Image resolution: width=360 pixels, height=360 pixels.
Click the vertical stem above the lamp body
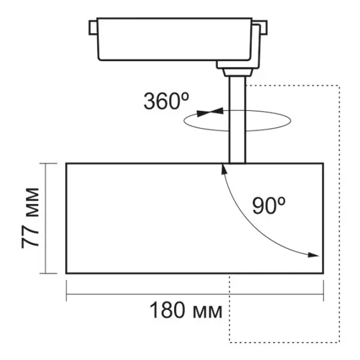(x=237, y=138)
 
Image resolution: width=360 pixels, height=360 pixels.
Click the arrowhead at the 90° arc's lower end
(x=313, y=255)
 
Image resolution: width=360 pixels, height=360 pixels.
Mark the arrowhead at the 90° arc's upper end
(x=225, y=170)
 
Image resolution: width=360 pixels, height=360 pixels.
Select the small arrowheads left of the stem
(x=213, y=111)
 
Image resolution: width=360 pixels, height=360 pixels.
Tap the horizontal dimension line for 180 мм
(x=194, y=295)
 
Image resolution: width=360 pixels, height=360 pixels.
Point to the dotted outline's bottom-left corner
(x=230, y=342)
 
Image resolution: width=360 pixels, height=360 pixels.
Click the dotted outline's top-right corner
(x=340, y=85)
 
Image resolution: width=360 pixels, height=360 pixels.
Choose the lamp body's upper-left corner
(x=66, y=163)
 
